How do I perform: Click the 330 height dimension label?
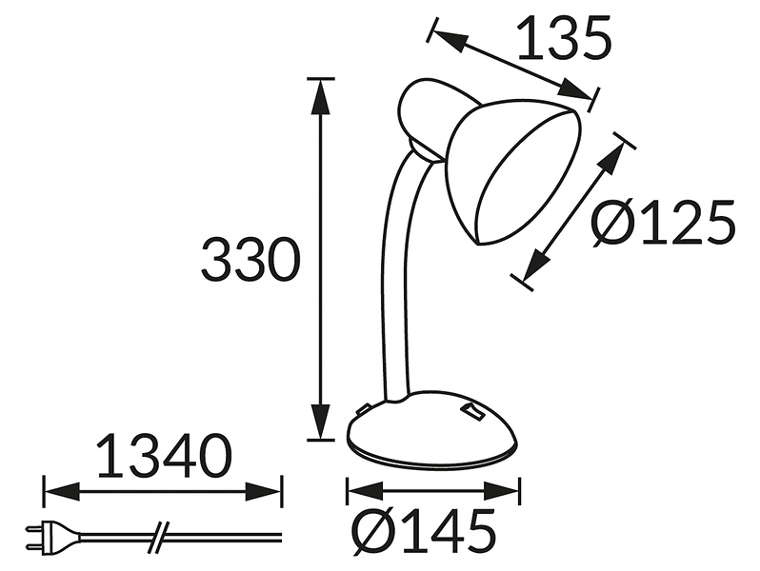pyautogui.click(x=250, y=260)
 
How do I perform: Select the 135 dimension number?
pyautogui.click(x=565, y=38)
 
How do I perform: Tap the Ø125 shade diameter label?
pyautogui.click(x=663, y=224)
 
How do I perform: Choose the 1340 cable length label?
pyautogui.click(x=165, y=456)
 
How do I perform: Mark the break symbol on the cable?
pyautogui.click(x=158, y=537)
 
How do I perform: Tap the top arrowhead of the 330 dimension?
pyautogui.click(x=321, y=97)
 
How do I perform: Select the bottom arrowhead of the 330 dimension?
pyautogui.click(x=321, y=421)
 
